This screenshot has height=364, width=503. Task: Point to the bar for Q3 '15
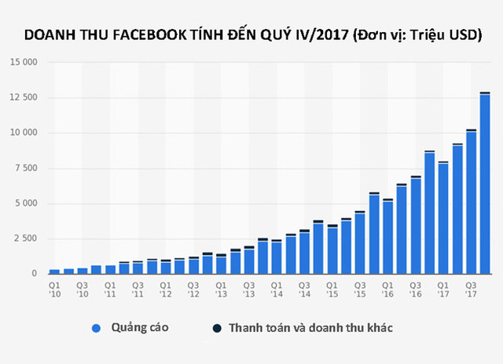[x=360, y=243]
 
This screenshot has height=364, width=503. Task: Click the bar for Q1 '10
[x=54, y=271]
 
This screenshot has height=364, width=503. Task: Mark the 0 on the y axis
[x=34, y=274]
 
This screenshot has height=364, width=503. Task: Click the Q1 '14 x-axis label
[x=277, y=289]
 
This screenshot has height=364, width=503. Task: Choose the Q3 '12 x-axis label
[x=193, y=289]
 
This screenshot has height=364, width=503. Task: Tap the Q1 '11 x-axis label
[x=110, y=289]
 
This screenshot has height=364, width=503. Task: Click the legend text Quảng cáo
[x=139, y=329]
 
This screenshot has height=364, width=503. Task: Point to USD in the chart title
[x=461, y=36]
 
